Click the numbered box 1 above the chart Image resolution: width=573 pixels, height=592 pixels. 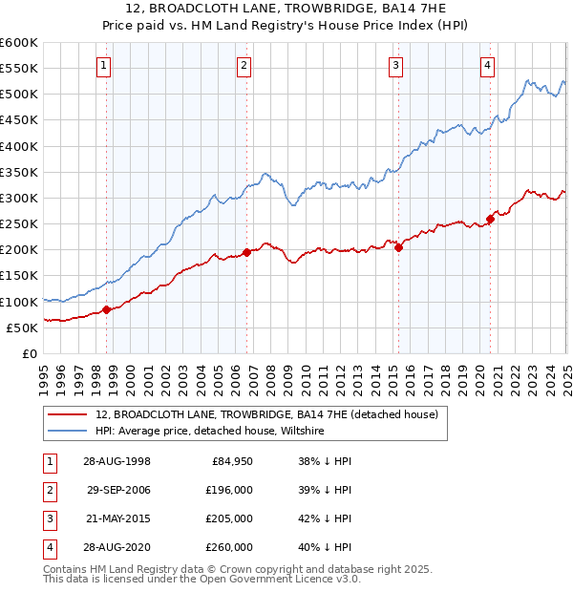(x=103, y=66)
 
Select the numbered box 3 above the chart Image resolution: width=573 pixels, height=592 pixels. (x=395, y=66)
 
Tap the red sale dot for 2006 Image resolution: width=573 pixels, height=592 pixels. (x=247, y=252)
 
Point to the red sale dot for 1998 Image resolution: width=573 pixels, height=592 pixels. (x=107, y=309)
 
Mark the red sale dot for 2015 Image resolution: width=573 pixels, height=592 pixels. (x=398, y=247)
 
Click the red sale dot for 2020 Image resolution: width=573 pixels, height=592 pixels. (x=490, y=219)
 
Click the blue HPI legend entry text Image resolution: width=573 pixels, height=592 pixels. (x=210, y=432)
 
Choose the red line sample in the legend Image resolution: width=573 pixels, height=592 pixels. (x=67, y=414)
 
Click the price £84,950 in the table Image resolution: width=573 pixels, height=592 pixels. (x=232, y=460)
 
